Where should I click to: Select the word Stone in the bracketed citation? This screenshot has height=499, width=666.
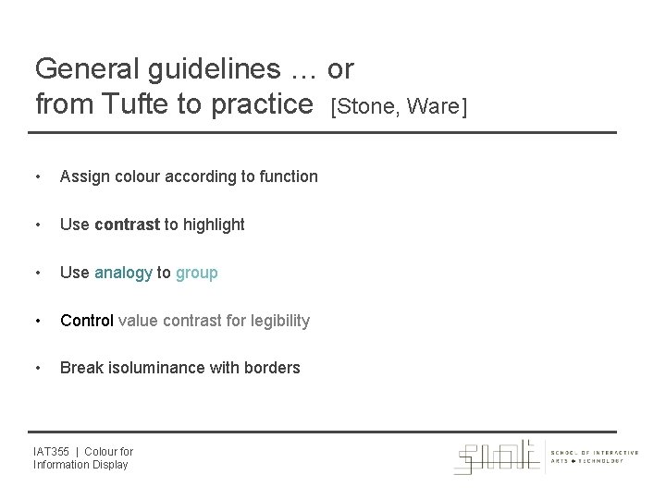364,108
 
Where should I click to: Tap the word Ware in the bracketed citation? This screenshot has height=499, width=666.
435,108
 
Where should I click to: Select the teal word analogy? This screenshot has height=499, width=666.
123,273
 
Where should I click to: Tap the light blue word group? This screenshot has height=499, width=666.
197,273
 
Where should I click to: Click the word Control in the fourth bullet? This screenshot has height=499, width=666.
86,321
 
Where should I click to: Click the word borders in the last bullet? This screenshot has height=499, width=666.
272,368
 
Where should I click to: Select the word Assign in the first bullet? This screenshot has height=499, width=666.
82,176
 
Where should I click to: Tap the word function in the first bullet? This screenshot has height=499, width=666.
288,176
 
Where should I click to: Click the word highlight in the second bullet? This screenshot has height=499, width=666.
214,224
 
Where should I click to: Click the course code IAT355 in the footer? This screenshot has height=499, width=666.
51,451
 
